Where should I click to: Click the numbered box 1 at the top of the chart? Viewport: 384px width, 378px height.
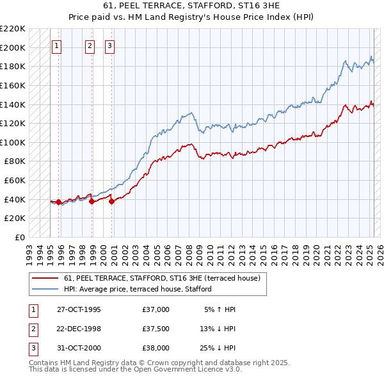click(57, 45)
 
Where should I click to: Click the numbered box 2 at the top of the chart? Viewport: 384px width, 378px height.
click(90, 45)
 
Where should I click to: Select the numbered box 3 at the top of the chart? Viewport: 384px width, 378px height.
click(110, 45)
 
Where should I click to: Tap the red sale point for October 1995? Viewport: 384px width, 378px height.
click(59, 202)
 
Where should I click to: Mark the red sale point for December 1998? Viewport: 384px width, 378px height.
click(92, 201)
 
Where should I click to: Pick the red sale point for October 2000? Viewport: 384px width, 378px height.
click(112, 201)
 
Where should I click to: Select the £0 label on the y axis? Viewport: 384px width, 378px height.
click(19, 237)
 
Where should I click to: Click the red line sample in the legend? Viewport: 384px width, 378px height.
click(45, 279)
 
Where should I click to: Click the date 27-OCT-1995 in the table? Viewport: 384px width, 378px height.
click(79, 309)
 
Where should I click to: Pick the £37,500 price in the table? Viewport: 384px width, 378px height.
click(156, 329)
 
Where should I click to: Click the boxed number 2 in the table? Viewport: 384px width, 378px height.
click(33, 329)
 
